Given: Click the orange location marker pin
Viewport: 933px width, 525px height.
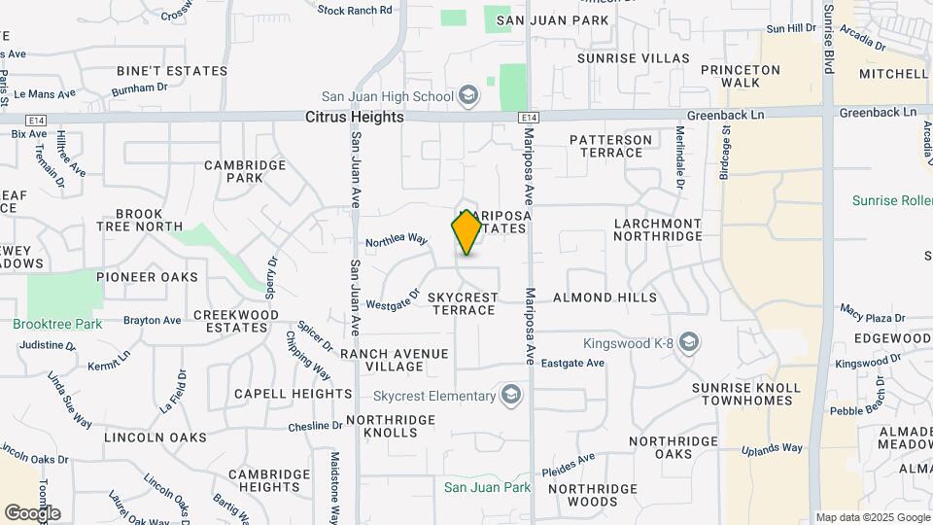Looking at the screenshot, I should pyautogui.click(x=466, y=231).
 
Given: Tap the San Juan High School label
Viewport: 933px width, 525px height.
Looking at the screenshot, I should pyautogui.click(x=388, y=95).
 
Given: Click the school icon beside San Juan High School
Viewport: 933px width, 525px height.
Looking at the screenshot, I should pyautogui.click(x=467, y=95).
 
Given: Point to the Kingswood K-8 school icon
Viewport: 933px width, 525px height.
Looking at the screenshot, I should pyautogui.click(x=689, y=342).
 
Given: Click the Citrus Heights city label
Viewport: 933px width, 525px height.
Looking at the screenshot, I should pyautogui.click(x=354, y=117).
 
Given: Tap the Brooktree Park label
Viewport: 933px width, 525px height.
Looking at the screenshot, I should pyautogui.click(x=57, y=324).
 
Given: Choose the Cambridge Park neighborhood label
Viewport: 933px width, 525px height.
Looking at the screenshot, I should pyautogui.click(x=246, y=171).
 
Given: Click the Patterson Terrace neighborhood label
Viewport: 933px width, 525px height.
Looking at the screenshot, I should pyautogui.click(x=610, y=147).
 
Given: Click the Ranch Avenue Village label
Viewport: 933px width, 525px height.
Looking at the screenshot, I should pyautogui.click(x=395, y=360).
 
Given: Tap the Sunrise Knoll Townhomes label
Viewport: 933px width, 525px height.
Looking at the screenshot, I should pyautogui.click(x=746, y=394).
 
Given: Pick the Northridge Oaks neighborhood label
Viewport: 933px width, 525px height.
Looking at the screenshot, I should pyautogui.click(x=674, y=447).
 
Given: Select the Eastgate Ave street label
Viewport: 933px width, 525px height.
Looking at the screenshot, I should pyautogui.click(x=572, y=363).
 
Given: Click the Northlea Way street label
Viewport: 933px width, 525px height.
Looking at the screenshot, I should pyautogui.click(x=397, y=239).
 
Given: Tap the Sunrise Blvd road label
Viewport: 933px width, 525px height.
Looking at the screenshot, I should pyautogui.click(x=828, y=39).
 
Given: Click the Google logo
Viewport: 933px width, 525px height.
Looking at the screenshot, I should pyautogui.click(x=32, y=512).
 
